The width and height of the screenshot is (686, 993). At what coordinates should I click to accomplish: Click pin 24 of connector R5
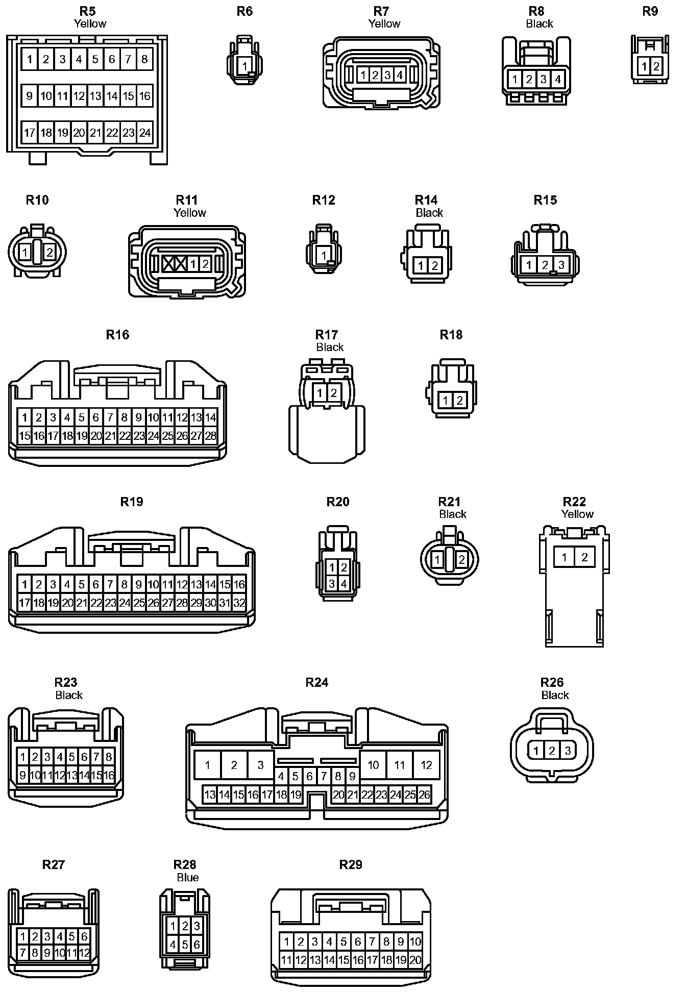pos(145,133)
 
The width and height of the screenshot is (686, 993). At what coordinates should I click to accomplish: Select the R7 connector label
pos(381,11)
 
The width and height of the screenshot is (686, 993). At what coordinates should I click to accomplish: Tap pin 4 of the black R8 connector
pos(558,79)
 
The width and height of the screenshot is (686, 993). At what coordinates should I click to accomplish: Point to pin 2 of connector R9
pos(656,66)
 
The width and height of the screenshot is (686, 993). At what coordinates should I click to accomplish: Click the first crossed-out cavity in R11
pos(168,264)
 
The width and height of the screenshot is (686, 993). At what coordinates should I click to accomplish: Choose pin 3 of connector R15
pos(561,265)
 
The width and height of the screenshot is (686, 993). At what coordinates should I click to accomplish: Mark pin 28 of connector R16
pos(210,436)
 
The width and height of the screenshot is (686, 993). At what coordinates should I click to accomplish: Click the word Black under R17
pos(330,347)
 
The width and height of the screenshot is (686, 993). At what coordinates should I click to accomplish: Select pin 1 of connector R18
pos(446,401)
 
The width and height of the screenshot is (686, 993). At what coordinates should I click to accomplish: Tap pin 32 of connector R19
pos(239,603)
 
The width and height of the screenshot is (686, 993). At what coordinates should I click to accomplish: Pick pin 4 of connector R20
pos(344,583)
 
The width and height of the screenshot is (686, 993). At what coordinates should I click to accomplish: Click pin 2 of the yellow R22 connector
pos(584,557)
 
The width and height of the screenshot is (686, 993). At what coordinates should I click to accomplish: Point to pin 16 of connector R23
pos(109,776)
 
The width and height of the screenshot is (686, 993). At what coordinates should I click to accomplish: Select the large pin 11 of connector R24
pos(400,765)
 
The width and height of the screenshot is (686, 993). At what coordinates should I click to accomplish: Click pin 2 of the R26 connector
pos(552,751)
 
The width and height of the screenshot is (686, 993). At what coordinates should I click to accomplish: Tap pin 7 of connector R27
pos(22,953)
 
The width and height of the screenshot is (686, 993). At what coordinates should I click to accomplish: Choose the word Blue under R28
pos(187,877)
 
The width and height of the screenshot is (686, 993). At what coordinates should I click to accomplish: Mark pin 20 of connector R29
pos(415,960)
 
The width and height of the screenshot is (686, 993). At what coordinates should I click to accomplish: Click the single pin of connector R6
pos(245,66)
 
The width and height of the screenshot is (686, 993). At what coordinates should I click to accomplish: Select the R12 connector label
pos(324,200)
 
